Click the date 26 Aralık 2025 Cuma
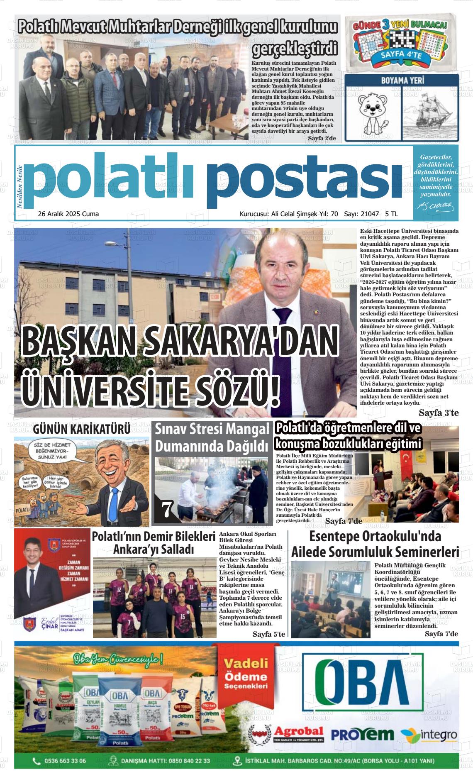point(68,214)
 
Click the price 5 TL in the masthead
point(391,214)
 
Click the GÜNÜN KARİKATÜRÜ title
point(82,429)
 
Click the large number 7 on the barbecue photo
point(167,510)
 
